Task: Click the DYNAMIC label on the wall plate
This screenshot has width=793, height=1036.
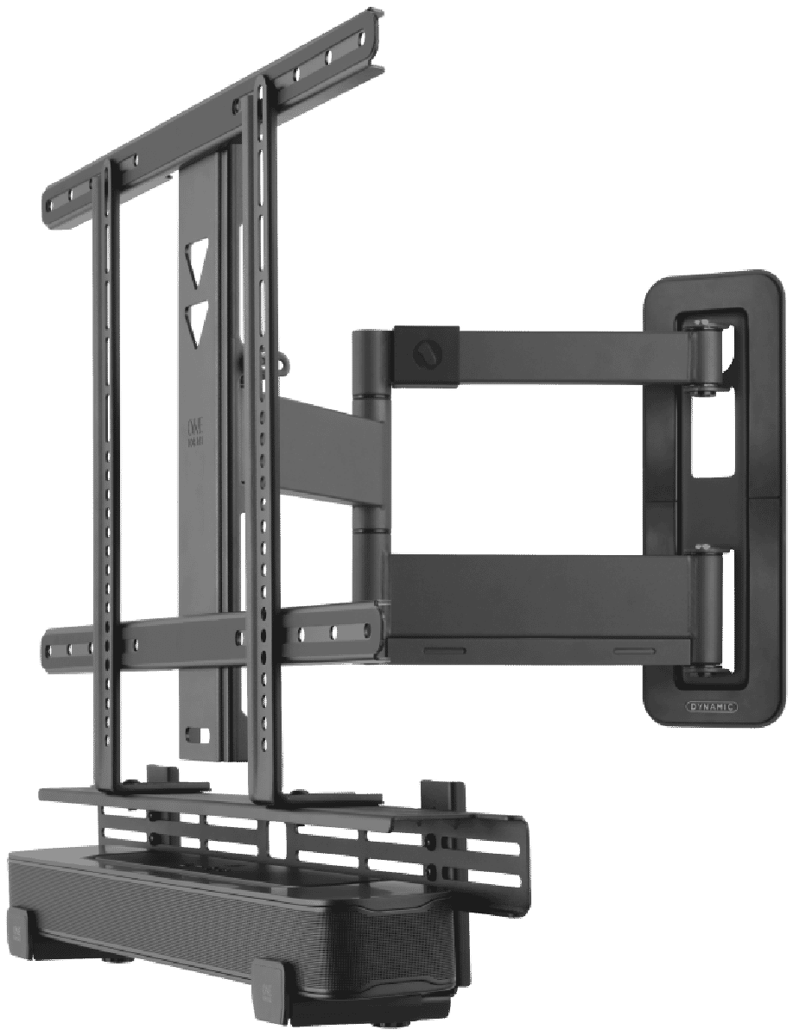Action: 711,705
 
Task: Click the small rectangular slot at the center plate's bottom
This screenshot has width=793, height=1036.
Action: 197,736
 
